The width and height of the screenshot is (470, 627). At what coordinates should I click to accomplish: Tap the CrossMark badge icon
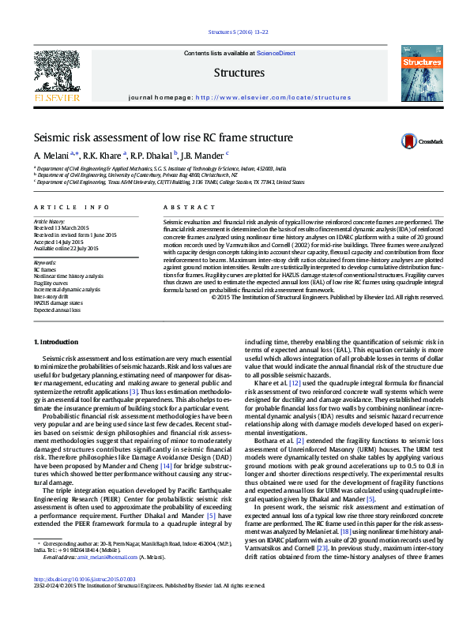coord(409,141)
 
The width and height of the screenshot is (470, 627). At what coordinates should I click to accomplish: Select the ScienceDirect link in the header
coord(276,53)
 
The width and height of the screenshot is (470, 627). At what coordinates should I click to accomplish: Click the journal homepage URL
coord(262,97)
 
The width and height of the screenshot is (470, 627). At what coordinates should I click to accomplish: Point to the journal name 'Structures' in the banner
coord(239,73)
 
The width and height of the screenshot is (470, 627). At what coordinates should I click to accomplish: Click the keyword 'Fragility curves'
coord(51,282)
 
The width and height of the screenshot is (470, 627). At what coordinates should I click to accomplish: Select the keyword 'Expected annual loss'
coord(56,310)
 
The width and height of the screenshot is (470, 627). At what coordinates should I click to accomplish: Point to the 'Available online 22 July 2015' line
coord(66,248)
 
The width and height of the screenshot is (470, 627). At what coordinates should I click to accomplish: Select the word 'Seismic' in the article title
coord(52,137)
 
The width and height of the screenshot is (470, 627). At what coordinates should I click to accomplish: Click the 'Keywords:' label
coord(45,261)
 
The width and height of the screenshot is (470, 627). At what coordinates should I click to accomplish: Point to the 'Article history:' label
coord(49,222)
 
